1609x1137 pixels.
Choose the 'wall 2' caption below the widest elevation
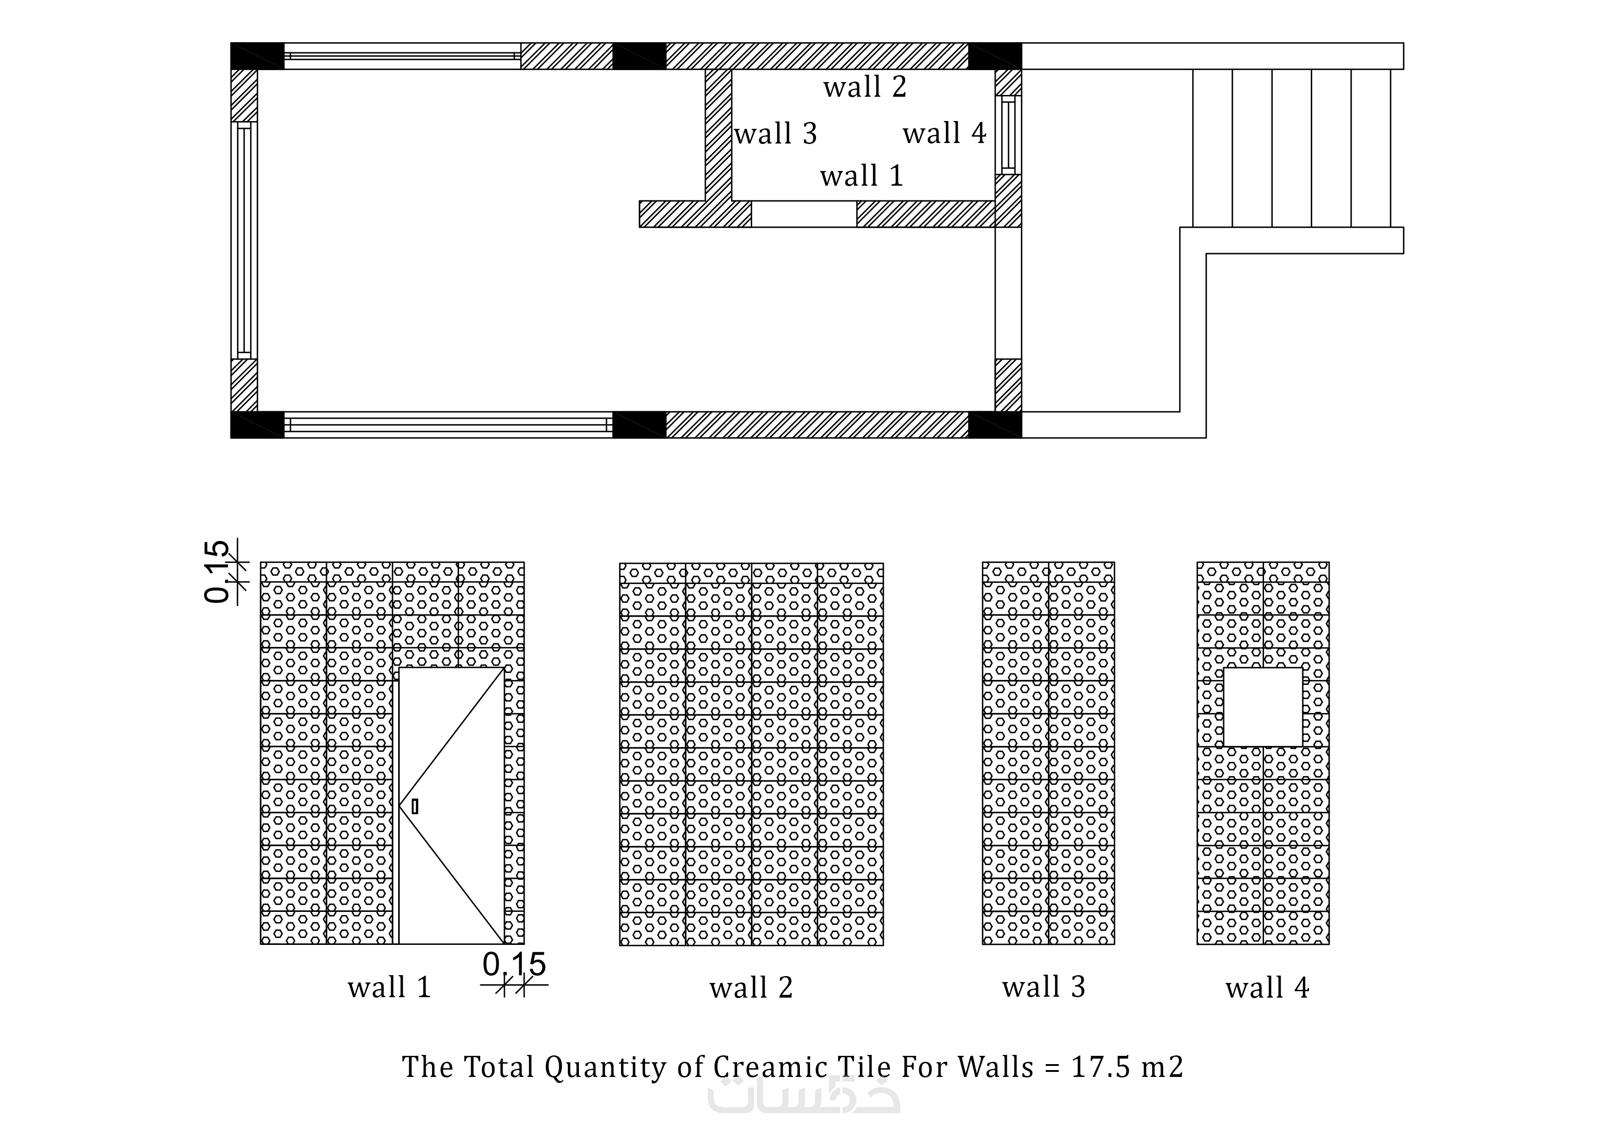pyautogui.click(x=751, y=988)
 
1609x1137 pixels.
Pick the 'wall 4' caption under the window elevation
pyautogui.click(x=1267, y=988)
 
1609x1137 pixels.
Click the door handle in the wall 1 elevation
pyautogui.click(x=415, y=806)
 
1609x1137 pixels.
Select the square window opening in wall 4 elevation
pyautogui.click(x=1263, y=707)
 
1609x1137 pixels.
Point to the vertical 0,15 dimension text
pyautogui.click(x=217, y=572)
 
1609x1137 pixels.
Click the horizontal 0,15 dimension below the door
pyautogui.click(x=514, y=965)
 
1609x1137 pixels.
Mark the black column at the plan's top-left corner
pyautogui.click(x=257, y=56)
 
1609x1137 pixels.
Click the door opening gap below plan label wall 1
pyautogui.click(x=804, y=214)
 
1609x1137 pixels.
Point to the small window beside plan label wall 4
pyautogui.click(x=1009, y=134)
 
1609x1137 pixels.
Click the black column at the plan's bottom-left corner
pyautogui.click(x=257, y=425)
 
